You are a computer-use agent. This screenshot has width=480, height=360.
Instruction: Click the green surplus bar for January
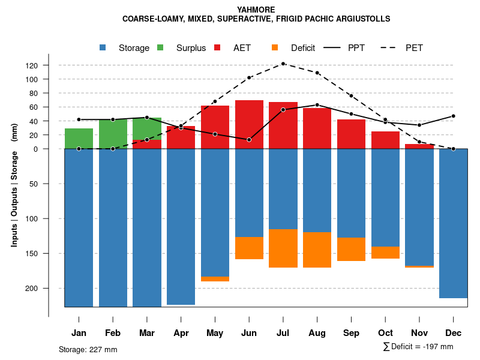tap(79, 139)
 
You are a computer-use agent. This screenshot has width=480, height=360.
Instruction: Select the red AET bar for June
tap(249, 124)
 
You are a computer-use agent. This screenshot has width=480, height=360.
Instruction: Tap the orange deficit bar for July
tap(283, 248)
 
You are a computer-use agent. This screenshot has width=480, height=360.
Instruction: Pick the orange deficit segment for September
tap(351, 249)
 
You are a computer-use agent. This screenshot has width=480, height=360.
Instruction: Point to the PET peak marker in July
tap(283, 64)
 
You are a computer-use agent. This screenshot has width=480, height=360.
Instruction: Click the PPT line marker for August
tap(317, 105)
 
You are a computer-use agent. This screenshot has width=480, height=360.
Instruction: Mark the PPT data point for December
tap(454, 116)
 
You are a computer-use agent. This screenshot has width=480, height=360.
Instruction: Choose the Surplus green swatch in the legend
tap(161, 48)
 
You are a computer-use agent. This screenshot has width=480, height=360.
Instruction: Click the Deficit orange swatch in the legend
tap(275, 48)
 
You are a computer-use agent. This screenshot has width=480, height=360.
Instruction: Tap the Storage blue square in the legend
tap(103, 48)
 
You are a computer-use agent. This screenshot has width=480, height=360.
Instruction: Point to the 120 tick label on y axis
tap(49, 65)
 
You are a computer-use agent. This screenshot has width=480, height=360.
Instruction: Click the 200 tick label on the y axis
tap(49, 289)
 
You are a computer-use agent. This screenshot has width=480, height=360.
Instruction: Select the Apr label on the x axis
tap(181, 333)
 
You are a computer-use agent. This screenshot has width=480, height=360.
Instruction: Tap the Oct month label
tap(385, 333)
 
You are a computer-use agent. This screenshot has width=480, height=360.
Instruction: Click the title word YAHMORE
tap(256, 10)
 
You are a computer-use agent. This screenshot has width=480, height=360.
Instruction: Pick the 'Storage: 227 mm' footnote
tap(88, 349)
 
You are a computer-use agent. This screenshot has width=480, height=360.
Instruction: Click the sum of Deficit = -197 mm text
tap(418, 347)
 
